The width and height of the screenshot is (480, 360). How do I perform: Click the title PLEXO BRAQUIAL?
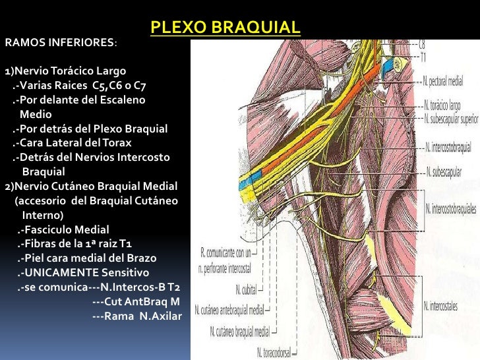tap(225, 28)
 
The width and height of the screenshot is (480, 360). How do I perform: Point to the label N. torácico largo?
tap(443, 105)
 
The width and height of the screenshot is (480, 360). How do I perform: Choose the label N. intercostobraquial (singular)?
tap(450, 146)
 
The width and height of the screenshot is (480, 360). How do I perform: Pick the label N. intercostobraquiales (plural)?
tap(452, 209)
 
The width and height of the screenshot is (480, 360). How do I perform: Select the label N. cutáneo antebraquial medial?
tap(235, 310)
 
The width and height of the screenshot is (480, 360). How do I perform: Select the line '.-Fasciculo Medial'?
tap(63, 229)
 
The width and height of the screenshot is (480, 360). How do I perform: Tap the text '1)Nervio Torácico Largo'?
tap(65, 71)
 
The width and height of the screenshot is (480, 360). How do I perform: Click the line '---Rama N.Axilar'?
tap(136, 316)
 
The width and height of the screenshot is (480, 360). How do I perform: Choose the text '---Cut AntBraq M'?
tap(136, 301)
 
